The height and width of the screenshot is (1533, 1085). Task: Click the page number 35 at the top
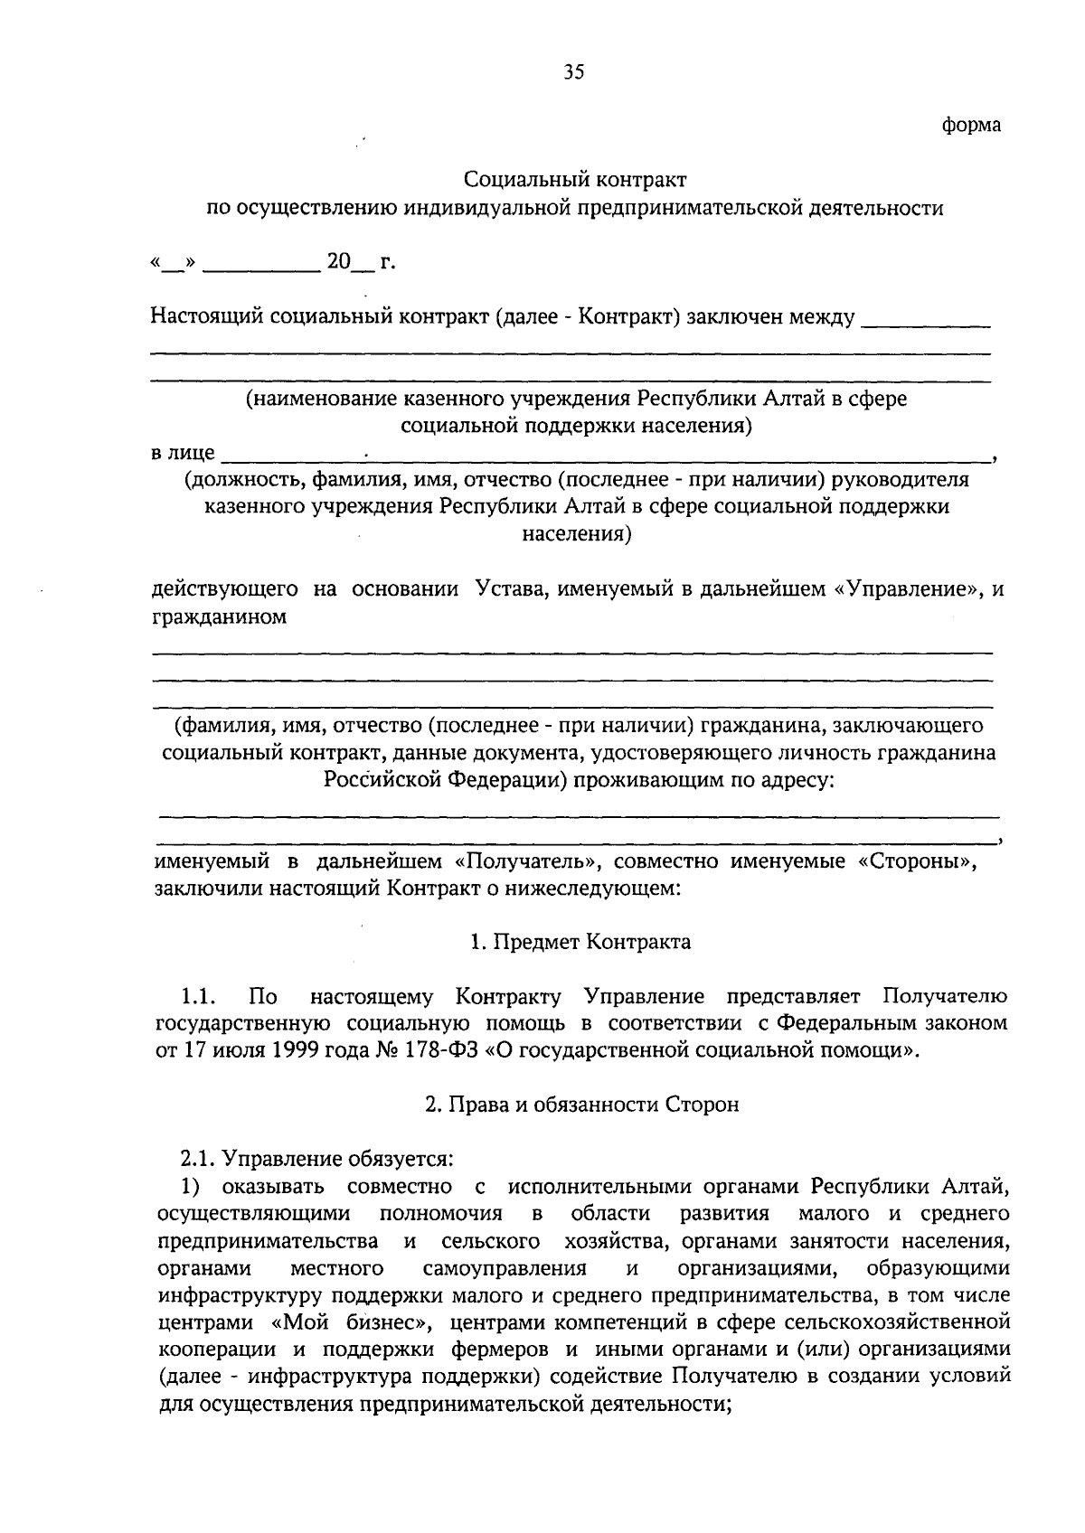click(x=574, y=73)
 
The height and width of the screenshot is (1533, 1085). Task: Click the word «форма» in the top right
click(x=971, y=125)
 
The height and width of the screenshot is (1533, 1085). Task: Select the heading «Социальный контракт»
click(x=575, y=180)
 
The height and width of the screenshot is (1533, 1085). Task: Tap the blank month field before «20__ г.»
click(x=262, y=265)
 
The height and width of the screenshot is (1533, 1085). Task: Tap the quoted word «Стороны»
click(x=915, y=861)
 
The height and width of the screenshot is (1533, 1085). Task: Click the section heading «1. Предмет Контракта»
click(x=580, y=942)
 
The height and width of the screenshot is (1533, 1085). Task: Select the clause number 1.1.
click(x=196, y=997)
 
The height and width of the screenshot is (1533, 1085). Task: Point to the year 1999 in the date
click(x=278, y=1051)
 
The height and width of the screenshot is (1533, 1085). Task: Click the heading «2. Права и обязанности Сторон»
click(x=581, y=1105)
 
